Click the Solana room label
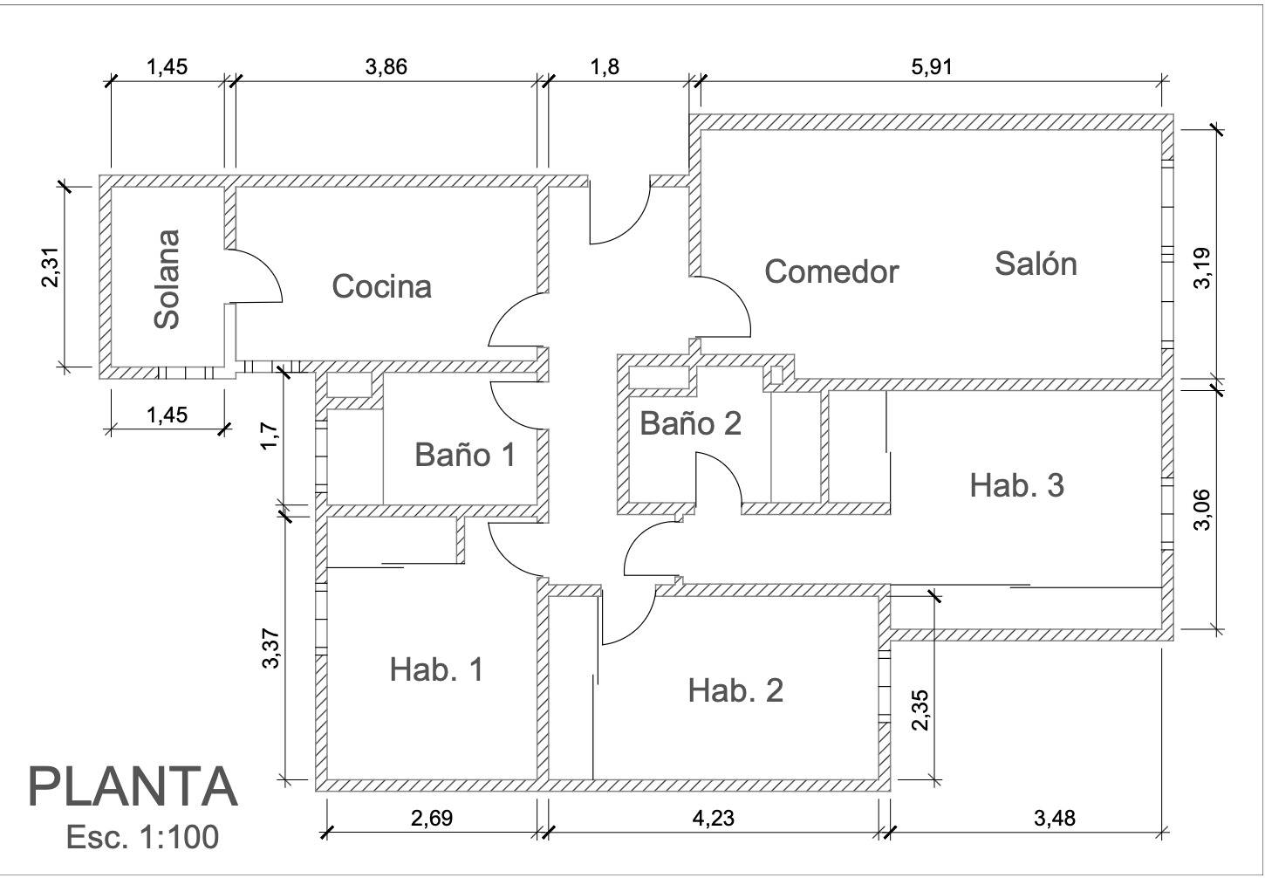[168, 279]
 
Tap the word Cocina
[382, 286]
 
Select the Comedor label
[831, 271]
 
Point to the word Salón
[1036, 264]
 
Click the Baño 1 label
[465, 455]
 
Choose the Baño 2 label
[690, 423]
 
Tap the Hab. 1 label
[436, 669]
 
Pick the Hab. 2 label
[735, 689]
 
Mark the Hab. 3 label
[1017, 485]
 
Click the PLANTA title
[133, 787]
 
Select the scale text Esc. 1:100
[142, 837]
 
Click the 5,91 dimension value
[931, 66]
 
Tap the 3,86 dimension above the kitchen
[386, 66]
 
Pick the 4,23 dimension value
[714, 818]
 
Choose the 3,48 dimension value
[1055, 818]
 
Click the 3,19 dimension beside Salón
[1202, 268]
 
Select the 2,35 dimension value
[920, 710]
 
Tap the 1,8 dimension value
[605, 66]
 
